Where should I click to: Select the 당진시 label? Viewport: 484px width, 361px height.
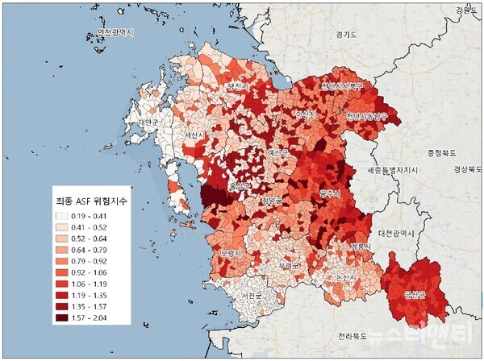(240, 85)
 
